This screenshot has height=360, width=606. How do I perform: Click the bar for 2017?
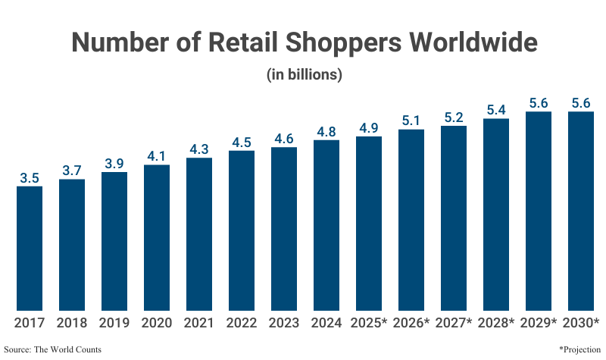pyautogui.click(x=29, y=249)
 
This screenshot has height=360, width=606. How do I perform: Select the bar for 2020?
pyautogui.click(x=156, y=238)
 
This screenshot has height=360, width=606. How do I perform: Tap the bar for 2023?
pyautogui.click(x=283, y=229)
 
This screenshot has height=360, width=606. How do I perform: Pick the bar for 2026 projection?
pyautogui.click(x=411, y=220)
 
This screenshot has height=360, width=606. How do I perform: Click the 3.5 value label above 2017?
pyautogui.click(x=29, y=178)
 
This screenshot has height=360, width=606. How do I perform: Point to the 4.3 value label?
pyautogui.click(x=198, y=149)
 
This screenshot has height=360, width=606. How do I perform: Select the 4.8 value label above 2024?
pyautogui.click(x=326, y=132)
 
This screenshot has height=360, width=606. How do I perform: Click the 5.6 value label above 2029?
pyautogui.click(x=539, y=103)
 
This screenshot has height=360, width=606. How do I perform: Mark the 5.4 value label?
pyautogui.click(x=496, y=110)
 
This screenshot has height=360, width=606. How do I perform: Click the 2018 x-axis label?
pyautogui.click(x=71, y=323)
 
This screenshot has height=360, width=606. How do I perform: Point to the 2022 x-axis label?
pyautogui.click(x=241, y=323)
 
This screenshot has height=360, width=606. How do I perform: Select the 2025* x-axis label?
pyautogui.click(x=369, y=323)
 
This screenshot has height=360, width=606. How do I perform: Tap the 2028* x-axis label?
pyautogui.click(x=496, y=323)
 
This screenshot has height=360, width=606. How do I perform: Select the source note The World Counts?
pyautogui.click(x=52, y=349)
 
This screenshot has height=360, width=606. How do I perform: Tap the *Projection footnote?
pyautogui.click(x=579, y=349)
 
